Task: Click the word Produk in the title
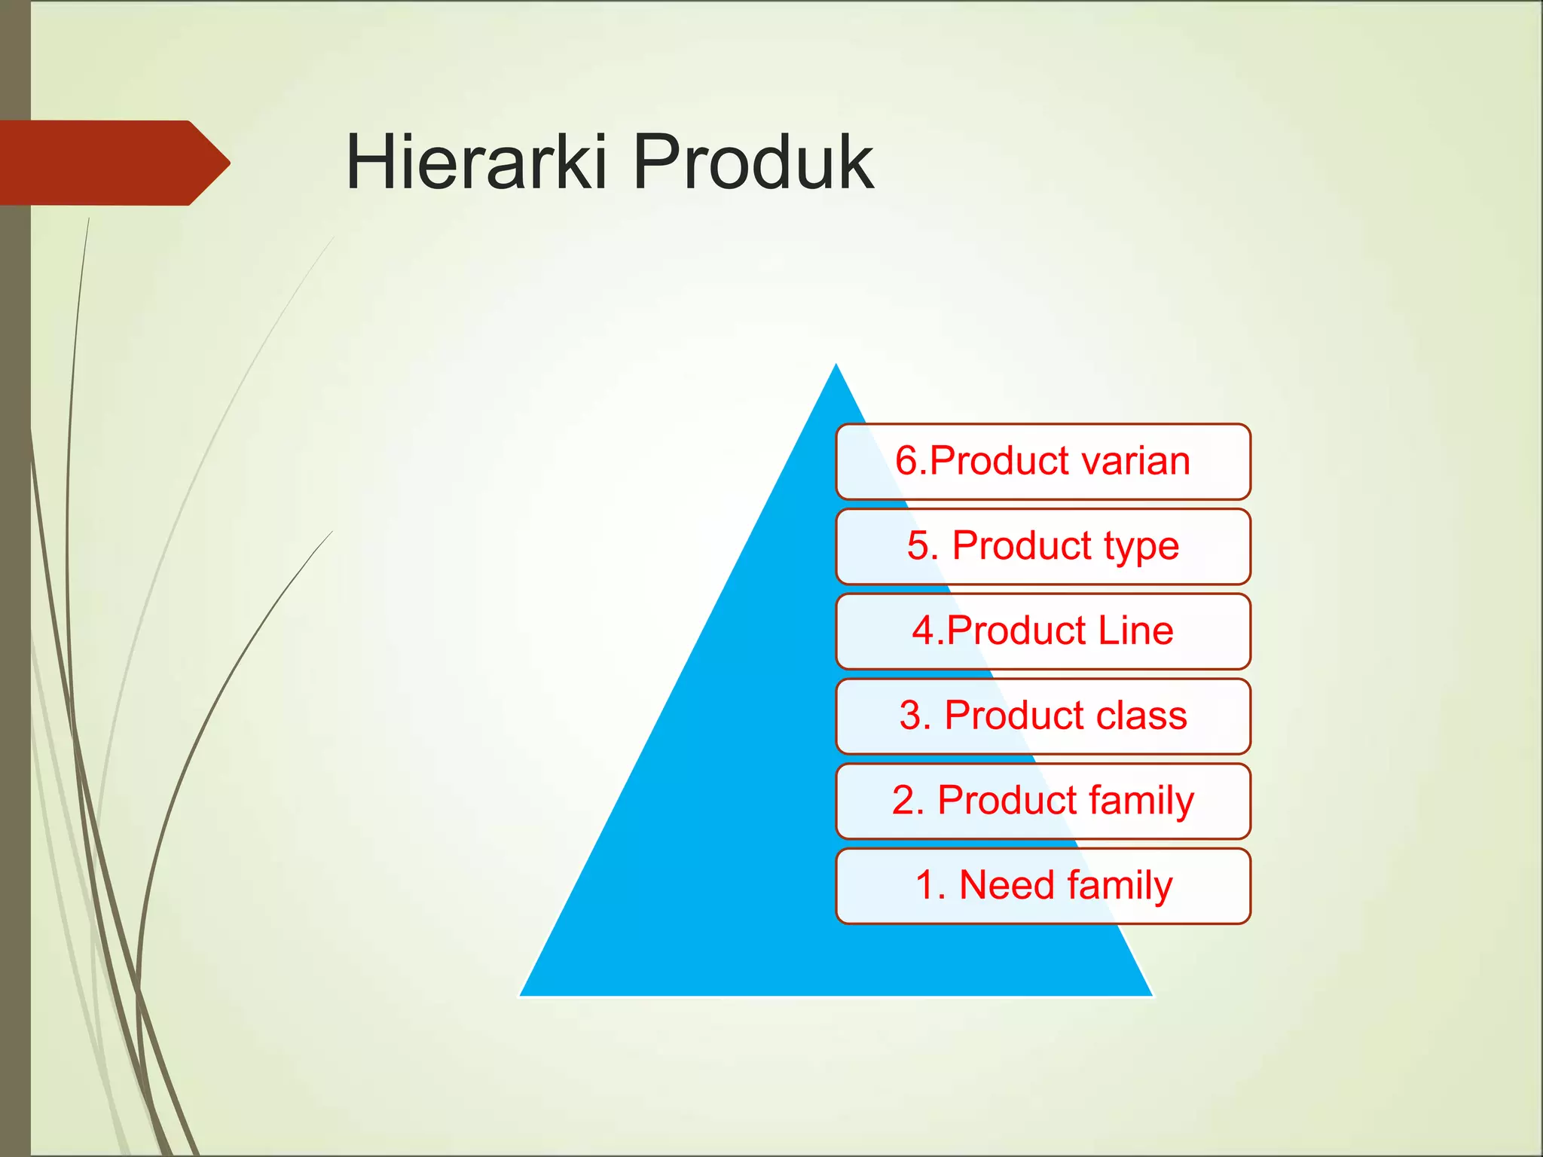pos(753,162)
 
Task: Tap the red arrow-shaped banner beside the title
pos(113,163)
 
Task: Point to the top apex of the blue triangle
pos(836,368)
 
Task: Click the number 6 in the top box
pos(906,461)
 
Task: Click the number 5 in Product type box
pos(918,545)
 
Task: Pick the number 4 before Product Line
pos(923,630)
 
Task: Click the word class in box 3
pos(1141,716)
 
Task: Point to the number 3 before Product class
pos(910,716)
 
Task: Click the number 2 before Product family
pos(903,801)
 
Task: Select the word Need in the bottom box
pos(1006,885)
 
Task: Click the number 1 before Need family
pos(924,886)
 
